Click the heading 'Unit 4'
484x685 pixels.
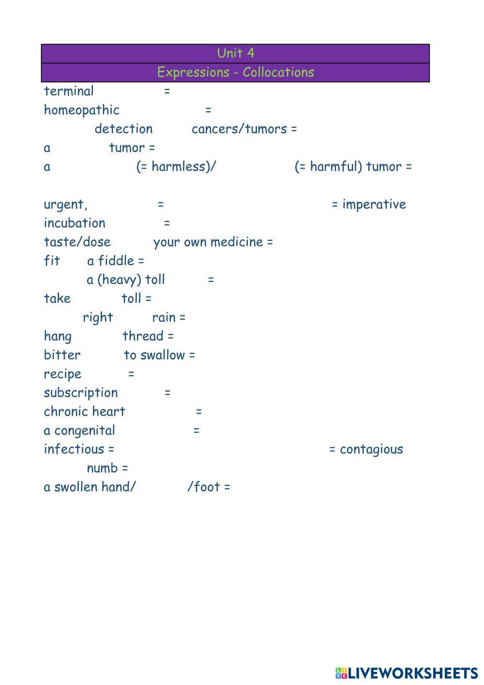pyautogui.click(x=236, y=53)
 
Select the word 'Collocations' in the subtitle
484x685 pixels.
pyautogui.click(x=278, y=72)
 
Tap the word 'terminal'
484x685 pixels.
pyautogui.click(x=69, y=91)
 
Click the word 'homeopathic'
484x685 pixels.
pyautogui.click(x=82, y=110)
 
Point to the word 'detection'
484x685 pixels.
pyautogui.click(x=123, y=129)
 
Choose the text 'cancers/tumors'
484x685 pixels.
pyautogui.click(x=239, y=129)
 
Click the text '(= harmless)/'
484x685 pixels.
pyautogui.click(x=176, y=167)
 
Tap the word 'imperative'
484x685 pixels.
pyautogui.click(x=374, y=204)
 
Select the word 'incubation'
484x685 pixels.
pyautogui.click(x=75, y=223)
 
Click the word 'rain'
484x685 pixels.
pyautogui.click(x=164, y=317)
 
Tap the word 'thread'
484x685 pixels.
pyautogui.click(x=143, y=336)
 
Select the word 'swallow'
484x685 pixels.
pyautogui.click(x=163, y=355)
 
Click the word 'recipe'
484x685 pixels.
pyautogui.click(x=62, y=374)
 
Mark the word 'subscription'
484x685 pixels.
pyautogui.click(x=81, y=393)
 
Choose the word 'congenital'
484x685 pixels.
pyautogui.click(x=85, y=431)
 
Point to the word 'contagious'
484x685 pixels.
pyautogui.click(x=371, y=450)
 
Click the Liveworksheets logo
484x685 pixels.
pyautogui.click(x=407, y=673)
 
